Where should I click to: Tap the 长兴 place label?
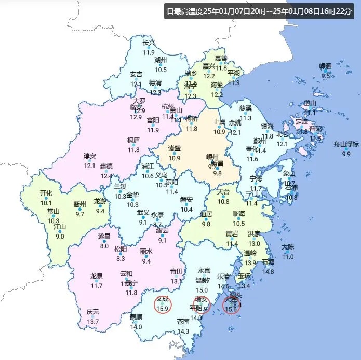pos(150,43)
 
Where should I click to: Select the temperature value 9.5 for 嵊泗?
pos(326,75)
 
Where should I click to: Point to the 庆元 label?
pos(93,312)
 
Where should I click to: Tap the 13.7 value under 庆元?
pos(93,322)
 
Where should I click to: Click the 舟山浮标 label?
pos(346,144)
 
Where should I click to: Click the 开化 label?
pos(46,193)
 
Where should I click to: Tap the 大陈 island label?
pos(288,247)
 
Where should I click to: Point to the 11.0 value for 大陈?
pos(288,257)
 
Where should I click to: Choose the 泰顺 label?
pos(136,317)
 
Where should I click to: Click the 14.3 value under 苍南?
pos(183,331)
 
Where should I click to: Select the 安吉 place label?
pos(136,74)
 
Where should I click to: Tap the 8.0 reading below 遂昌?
pos(104,246)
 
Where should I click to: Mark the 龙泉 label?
pos(97,276)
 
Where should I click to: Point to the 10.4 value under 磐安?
pos(186,210)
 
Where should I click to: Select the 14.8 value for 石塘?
pos(268,271)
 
